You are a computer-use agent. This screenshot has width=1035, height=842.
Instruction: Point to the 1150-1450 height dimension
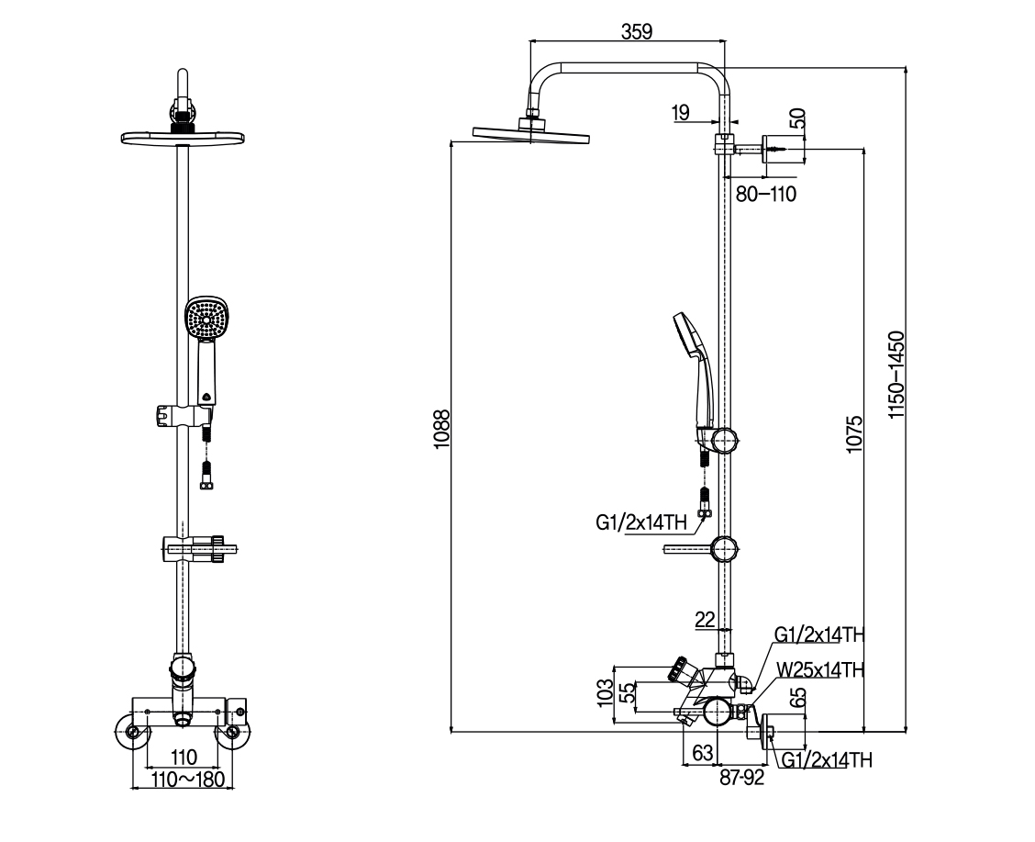(896, 376)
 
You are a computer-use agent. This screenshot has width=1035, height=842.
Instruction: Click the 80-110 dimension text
(765, 194)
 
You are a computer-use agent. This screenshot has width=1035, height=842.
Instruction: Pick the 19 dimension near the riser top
(680, 113)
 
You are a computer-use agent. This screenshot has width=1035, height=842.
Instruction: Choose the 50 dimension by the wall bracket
(797, 118)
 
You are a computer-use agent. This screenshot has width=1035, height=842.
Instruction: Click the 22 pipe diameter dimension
(704, 621)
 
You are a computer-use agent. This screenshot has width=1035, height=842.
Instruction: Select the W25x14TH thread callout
(819, 670)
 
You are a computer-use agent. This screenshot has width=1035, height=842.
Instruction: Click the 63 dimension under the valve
(702, 754)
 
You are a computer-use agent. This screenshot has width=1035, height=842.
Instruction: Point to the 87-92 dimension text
(742, 779)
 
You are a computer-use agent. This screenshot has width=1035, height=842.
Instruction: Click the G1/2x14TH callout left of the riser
(640, 523)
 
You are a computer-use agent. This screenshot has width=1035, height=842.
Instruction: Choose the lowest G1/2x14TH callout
(826, 759)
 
